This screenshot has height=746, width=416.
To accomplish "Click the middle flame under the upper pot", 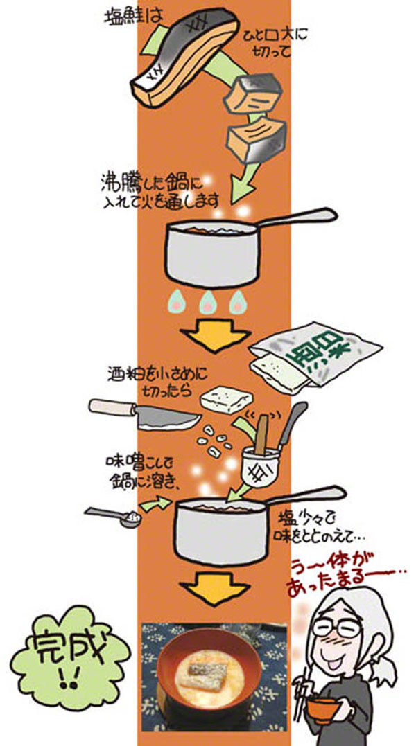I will pyautogui.click(x=207, y=301).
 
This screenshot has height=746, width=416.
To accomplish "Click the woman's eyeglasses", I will pyautogui.click(x=337, y=628).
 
